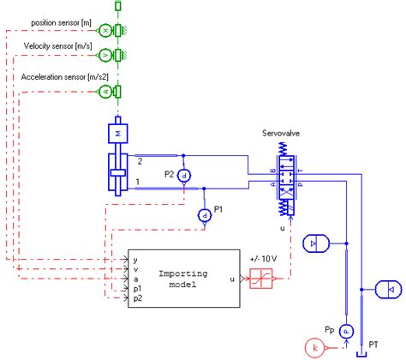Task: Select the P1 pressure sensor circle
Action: pyautogui.click(x=205, y=215)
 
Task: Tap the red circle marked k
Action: pyautogui.click(x=314, y=349)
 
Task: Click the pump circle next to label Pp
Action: pyautogui.click(x=346, y=329)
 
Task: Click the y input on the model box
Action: pyautogui.click(x=135, y=257)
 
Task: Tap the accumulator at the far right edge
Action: pyautogui.click(x=388, y=291)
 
